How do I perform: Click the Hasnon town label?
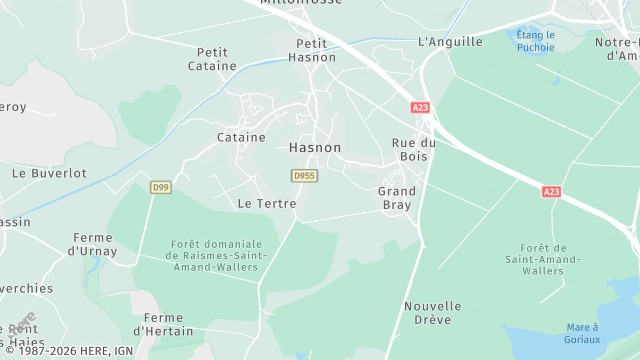[315, 147]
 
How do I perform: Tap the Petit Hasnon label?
[313, 51]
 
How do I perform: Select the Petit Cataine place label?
[212, 59]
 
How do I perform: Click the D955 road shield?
[304, 175]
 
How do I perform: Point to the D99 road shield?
[160, 187]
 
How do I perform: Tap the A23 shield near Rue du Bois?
[420, 106]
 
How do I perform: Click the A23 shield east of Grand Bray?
[551, 191]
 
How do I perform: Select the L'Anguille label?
[449, 42]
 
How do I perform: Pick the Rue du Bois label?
[408, 149]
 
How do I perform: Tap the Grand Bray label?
[396, 197]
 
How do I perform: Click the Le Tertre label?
[267, 203]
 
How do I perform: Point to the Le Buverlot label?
[49, 173]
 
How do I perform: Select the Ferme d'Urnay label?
[93, 244]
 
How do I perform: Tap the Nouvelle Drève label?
[433, 312]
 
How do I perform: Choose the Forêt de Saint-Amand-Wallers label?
[543, 259]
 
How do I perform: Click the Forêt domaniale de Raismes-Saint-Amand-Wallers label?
[217, 261]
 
